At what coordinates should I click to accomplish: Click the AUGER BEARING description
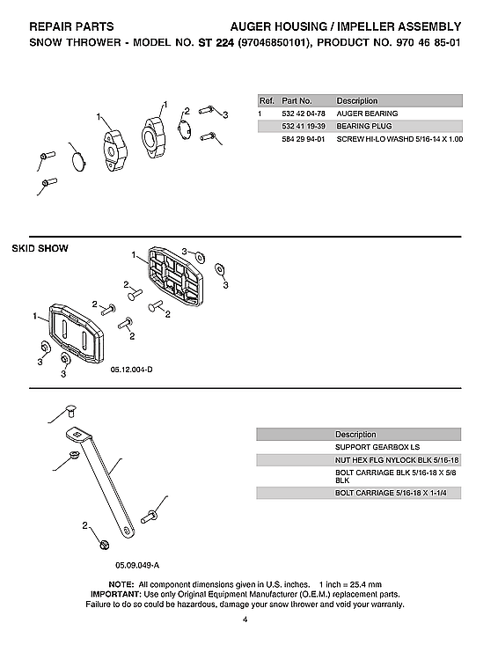pos(367,114)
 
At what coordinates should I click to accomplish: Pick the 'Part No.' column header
pos(297,100)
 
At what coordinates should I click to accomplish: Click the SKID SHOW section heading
pos(40,249)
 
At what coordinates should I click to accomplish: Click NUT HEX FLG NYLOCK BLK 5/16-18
pos(397,460)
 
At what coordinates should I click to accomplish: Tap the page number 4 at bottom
pos(247,622)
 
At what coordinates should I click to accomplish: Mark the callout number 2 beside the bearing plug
pos(187,112)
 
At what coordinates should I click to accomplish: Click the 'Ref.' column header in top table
pos(266,100)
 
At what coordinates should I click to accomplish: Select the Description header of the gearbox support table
pos(355,435)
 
